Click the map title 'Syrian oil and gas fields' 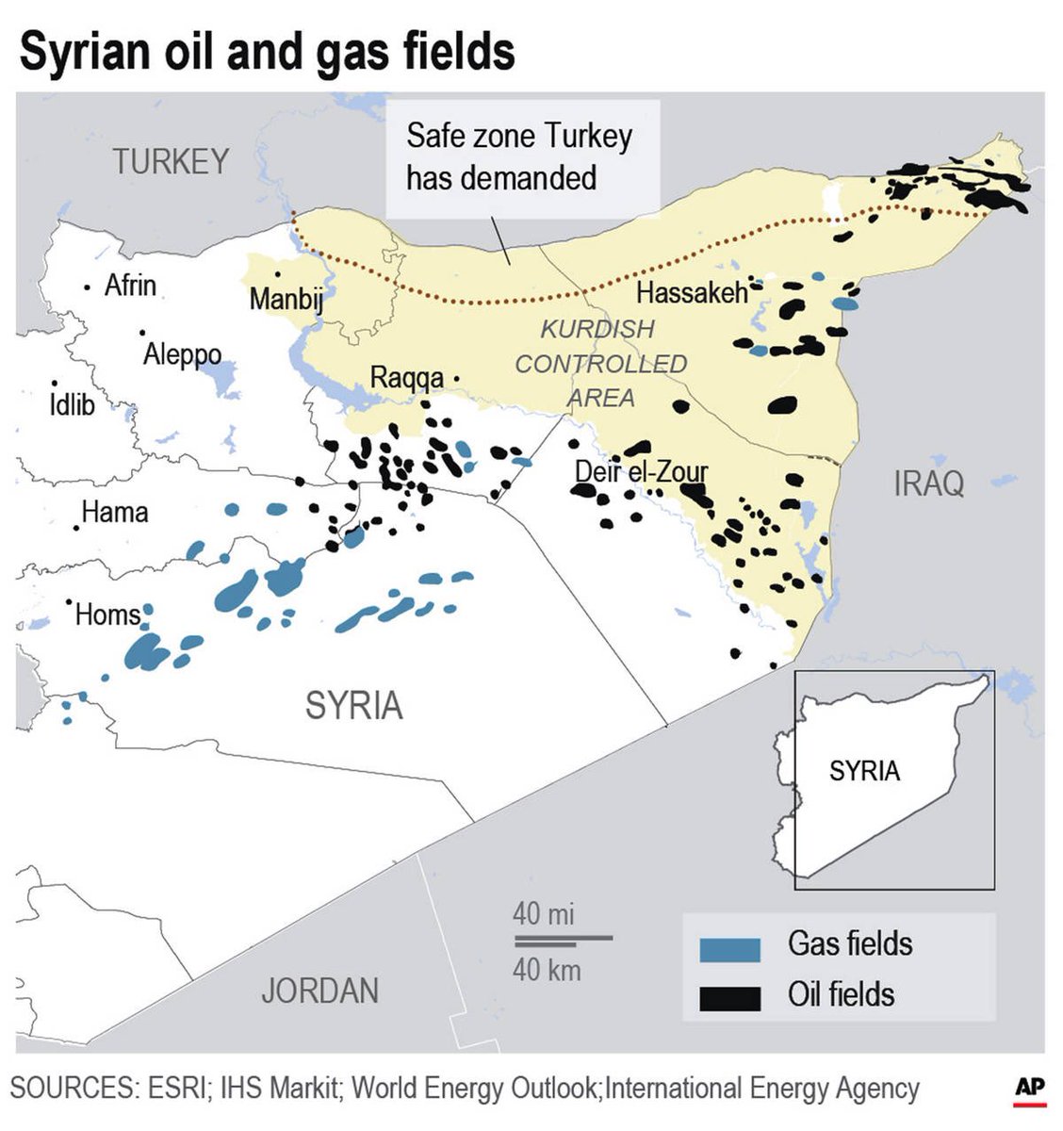click(x=267, y=51)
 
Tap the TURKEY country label click(x=171, y=162)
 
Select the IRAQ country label click(x=928, y=484)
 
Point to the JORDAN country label click(x=319, y=991)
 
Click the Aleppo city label click(x=182, y=354)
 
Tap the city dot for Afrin click(x=88, y=287)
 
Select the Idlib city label click(x=72, y=405)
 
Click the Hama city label click(x=114, y=512)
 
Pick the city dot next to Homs click(x=69, y=601)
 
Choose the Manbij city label click(x=286, y=300)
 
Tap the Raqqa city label click(x=406, y=378)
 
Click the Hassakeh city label click(x=691, y=293)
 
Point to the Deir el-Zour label click(x=641, y=471)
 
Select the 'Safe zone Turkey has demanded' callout click(x=519, y=156)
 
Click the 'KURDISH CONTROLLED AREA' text click(x=600, y=364)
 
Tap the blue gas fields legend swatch click(x=729, y=949)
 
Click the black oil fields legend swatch click(x=729, y=998)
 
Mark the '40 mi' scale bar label click(x=543, y=913)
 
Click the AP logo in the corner click(x=1030, y=1089)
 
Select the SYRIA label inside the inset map click(x=864, y=771)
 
